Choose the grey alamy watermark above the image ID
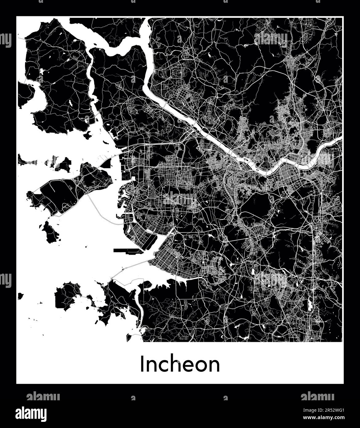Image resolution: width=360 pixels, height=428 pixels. (x=317, y=397)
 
